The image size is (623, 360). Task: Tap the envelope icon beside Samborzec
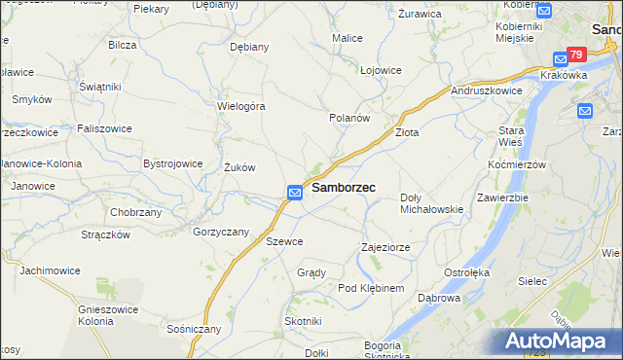coord(295,193)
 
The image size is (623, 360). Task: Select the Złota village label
coord(406,132)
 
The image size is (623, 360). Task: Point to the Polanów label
coord(349,118)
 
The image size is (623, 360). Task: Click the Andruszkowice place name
coord(487,90)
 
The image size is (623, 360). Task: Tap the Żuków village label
coord(239,167)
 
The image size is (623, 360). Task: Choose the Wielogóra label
coord(241,106)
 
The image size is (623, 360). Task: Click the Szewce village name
coord(285,241)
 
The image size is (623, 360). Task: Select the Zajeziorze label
coord(385,247)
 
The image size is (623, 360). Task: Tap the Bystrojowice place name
coord(172,163)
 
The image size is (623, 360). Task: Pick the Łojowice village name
coord(381,70)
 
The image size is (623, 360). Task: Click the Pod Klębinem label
coord(370,289)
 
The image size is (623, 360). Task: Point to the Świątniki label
coord(100,87)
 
